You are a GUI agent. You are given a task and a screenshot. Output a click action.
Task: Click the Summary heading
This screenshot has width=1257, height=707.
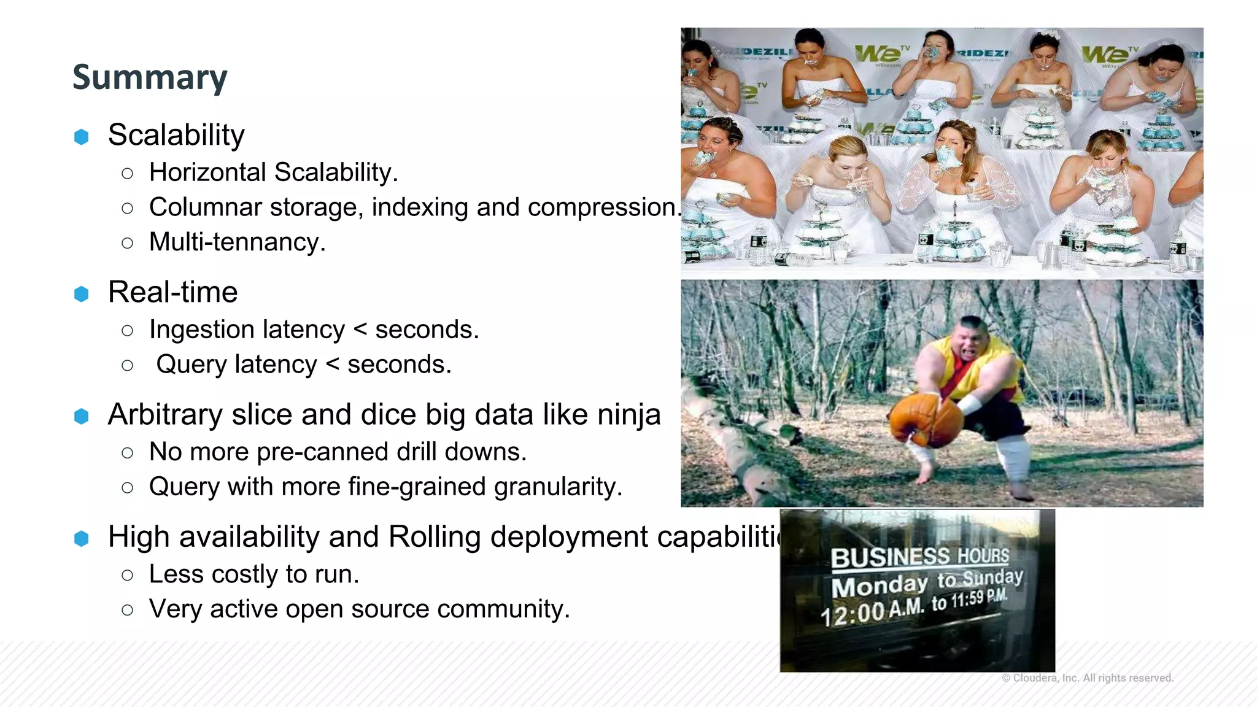[x=150, y=77]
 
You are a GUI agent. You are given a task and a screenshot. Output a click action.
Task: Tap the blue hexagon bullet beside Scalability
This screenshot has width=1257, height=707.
[x=82, y=136]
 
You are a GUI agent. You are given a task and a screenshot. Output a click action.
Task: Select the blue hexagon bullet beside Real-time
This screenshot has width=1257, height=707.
[x=82, y=294]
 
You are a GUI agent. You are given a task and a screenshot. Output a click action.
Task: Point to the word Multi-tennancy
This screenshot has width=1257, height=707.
[x=237, y=242]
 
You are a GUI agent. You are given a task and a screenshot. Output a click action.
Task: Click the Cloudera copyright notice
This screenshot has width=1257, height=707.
[x=1088, y=678]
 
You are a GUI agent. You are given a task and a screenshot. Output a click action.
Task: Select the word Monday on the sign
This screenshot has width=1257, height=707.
[x=880, y=586]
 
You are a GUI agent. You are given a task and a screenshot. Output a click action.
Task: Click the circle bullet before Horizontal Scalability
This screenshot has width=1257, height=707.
[x=128, y=174]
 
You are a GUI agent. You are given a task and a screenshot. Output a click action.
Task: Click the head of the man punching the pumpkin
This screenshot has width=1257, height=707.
[x=972, y=339]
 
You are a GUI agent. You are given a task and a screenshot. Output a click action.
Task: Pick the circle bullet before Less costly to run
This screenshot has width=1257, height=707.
[x=128, y=576]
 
